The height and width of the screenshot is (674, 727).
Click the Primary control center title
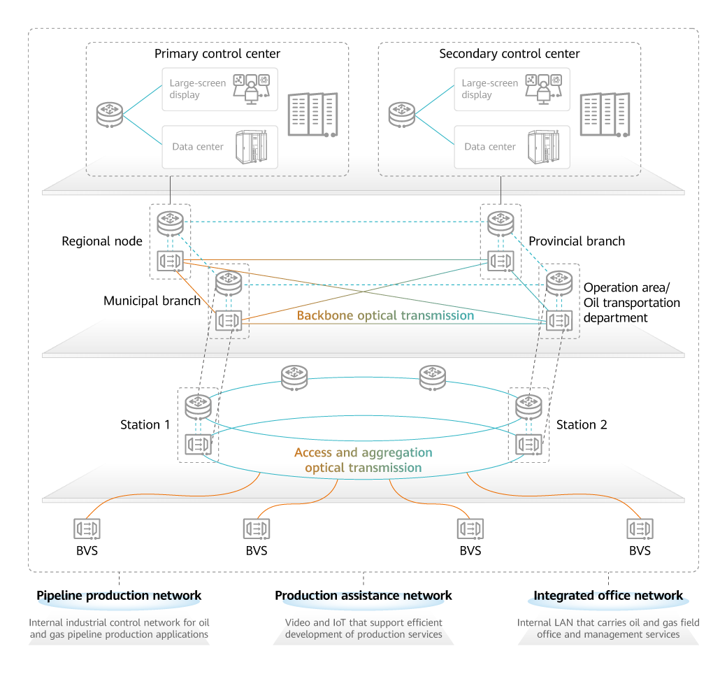(217, 54)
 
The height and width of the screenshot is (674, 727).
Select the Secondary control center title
(509, 54)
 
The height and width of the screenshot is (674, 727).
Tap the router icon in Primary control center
(110, 115)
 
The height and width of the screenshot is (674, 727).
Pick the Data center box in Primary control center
(219, 147)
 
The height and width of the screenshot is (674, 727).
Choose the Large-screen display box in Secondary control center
(512, 89)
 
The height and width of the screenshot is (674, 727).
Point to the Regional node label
(102, 241)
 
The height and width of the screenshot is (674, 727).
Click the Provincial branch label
(577, 241)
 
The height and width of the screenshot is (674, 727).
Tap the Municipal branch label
(152, 301)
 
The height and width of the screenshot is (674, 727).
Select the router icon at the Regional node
(170, 223)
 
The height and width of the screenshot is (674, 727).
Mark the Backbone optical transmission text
(385, 315)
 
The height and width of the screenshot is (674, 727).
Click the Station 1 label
(145, 424)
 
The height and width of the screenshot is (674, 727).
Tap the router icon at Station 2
(528, 406)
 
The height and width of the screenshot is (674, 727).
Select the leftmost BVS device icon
(87, 528)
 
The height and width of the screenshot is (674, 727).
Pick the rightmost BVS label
(640, 550)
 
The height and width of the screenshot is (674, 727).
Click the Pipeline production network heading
(119, 596)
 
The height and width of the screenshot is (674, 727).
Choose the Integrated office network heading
(608, 596)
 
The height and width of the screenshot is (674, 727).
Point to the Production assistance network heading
(363, 596)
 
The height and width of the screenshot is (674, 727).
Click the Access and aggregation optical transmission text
(363, 460)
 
